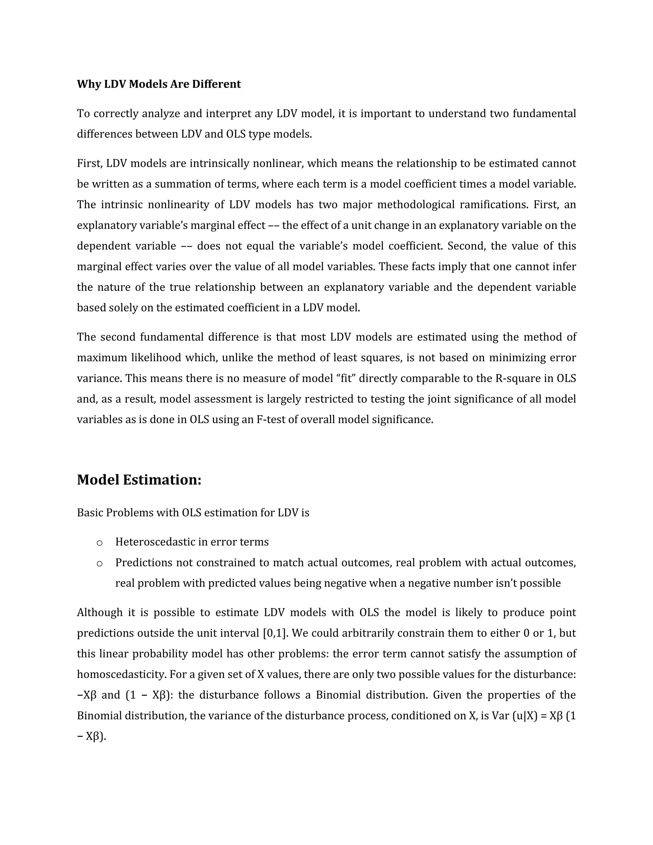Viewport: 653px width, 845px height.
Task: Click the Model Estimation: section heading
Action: pyautogui.click(x=139, y=480)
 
